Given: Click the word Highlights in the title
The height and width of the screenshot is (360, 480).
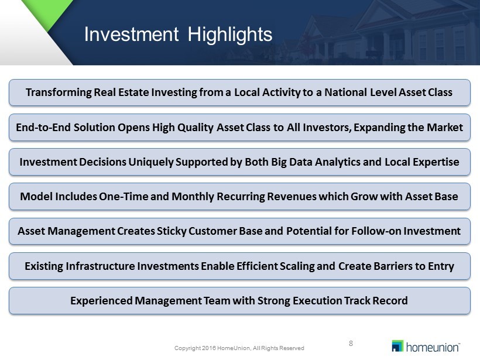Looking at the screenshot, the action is coord(230,35).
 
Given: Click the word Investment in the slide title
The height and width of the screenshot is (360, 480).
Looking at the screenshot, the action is coord(131,34).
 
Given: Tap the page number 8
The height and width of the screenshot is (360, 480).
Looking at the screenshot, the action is coord(351,344).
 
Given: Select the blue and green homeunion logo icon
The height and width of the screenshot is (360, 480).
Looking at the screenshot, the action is coord(397,346).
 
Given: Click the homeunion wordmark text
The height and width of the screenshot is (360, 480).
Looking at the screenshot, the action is coord(433,348).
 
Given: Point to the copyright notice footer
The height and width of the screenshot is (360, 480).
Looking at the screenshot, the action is coord(239,348).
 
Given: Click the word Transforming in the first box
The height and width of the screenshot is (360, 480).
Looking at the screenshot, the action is coord(59,92).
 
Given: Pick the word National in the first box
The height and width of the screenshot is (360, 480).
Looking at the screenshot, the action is coord(345,92).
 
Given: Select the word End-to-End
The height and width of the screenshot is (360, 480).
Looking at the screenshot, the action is coord(44,128).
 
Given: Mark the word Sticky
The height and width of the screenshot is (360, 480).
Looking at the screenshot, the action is coord(172,231).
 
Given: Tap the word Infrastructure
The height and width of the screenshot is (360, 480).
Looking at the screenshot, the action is coord(101,266).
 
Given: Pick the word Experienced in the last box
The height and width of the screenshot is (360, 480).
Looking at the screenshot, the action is coord(101,301).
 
